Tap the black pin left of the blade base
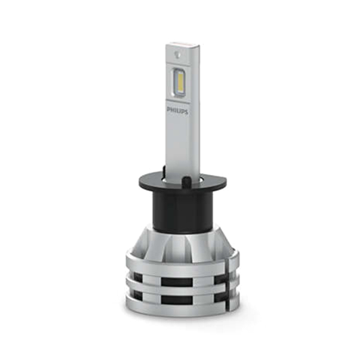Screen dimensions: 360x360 (x=164, y=170)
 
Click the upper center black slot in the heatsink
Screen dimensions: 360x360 (x=176, y=282)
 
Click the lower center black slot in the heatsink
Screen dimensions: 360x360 (x=176, y=300)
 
